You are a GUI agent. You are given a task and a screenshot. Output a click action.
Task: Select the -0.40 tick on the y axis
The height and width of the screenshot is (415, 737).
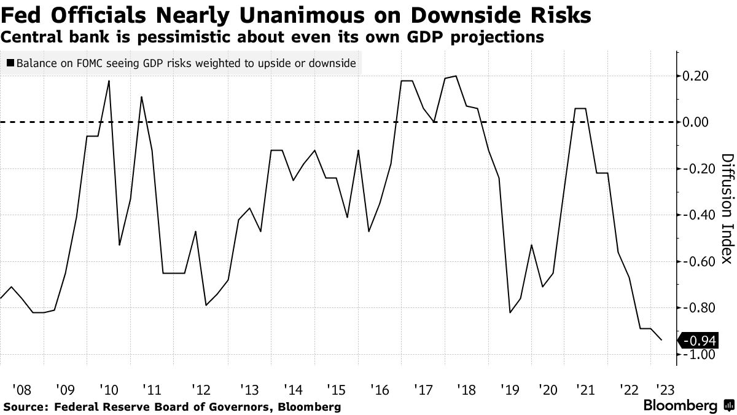(698, 215)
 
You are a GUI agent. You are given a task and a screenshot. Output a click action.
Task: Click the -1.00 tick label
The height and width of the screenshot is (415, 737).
(698, 355)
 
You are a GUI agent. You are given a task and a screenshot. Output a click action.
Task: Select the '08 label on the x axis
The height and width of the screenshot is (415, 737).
(21, 389)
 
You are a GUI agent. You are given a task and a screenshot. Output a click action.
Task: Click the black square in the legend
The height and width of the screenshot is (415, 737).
(10, 63)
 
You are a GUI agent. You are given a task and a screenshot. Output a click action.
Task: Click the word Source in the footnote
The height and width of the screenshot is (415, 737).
(25, 407)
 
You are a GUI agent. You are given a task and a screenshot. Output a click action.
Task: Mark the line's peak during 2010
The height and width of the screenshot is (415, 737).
(109, 81)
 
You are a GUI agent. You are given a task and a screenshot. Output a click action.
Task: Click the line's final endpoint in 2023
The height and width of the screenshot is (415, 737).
(662, 340)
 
